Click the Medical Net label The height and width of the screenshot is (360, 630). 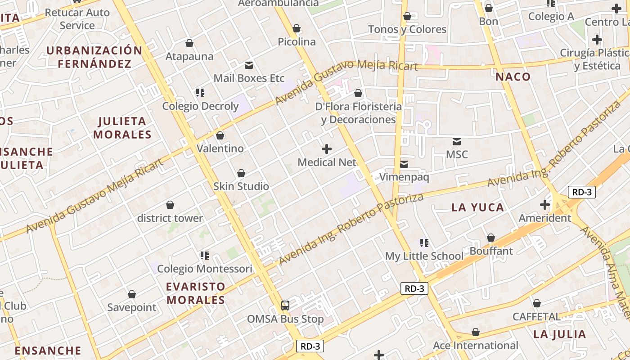327,162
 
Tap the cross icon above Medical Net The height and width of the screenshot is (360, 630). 327,149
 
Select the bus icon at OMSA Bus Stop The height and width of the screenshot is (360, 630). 285,306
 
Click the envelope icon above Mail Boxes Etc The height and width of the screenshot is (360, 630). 249,65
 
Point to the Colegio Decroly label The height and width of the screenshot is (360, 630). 200,106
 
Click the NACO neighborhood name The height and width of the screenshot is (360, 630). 513,77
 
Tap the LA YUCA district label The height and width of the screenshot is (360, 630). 477,207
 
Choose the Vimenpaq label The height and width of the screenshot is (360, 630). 404,177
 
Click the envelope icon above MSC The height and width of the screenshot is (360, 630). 457,142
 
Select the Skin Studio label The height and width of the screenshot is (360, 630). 241,186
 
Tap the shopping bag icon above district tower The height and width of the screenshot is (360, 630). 170,205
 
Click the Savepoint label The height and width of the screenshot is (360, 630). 132,308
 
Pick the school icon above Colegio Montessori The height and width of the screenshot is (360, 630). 205,256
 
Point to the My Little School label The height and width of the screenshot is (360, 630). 424,256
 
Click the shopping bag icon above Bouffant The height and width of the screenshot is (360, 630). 491,238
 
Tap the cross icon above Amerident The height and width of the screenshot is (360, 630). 545,205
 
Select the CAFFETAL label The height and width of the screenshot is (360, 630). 536,317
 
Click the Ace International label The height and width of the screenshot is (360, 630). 476,346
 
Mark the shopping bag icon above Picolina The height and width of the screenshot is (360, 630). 297,29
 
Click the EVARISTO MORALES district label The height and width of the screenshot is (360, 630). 196,293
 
